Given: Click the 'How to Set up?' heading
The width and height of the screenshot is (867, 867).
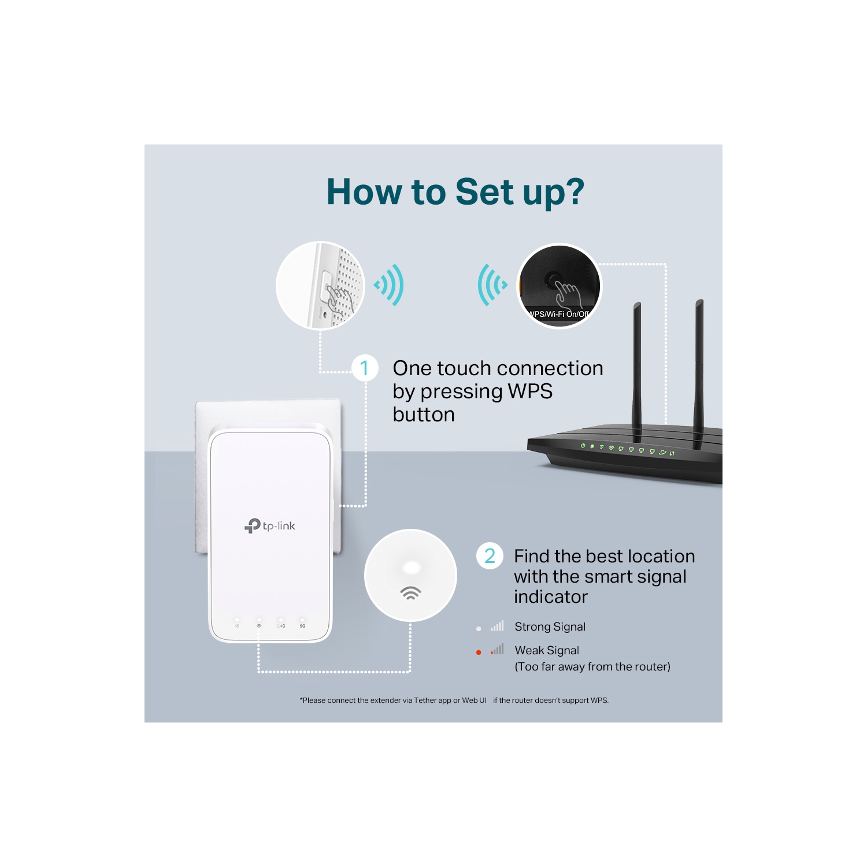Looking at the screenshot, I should (455, 192).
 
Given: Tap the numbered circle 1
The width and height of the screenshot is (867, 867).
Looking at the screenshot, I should (365, 368).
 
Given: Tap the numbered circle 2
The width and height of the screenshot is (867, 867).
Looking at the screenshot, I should (490, 555).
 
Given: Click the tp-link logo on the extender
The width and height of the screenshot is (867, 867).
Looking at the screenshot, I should (270, 526).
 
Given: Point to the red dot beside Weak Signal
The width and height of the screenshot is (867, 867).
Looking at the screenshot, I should (479, 652).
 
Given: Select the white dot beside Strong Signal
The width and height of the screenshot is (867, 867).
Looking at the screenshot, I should (479, 628).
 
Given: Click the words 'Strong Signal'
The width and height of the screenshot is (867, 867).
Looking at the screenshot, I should (550, 627).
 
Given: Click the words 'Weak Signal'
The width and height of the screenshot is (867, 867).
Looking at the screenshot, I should (547, 650).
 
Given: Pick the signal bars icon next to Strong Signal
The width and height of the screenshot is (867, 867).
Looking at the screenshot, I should (498, 626).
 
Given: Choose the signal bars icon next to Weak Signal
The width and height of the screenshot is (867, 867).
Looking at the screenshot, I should (498, 650).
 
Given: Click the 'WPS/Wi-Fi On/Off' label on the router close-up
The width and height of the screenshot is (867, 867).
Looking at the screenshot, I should (558, 314).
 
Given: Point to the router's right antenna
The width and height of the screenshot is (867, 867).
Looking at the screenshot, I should (699, 364).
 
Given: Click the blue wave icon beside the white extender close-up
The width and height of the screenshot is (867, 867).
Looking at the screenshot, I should (390, 285).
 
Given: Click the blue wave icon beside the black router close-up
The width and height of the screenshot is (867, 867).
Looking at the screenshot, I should (491, 284).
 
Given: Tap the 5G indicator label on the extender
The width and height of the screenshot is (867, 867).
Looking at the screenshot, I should (302, 626).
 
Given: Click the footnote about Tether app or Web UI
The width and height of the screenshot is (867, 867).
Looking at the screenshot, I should (454, 701).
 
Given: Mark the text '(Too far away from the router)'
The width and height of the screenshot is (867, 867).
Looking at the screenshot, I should (592, 666).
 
